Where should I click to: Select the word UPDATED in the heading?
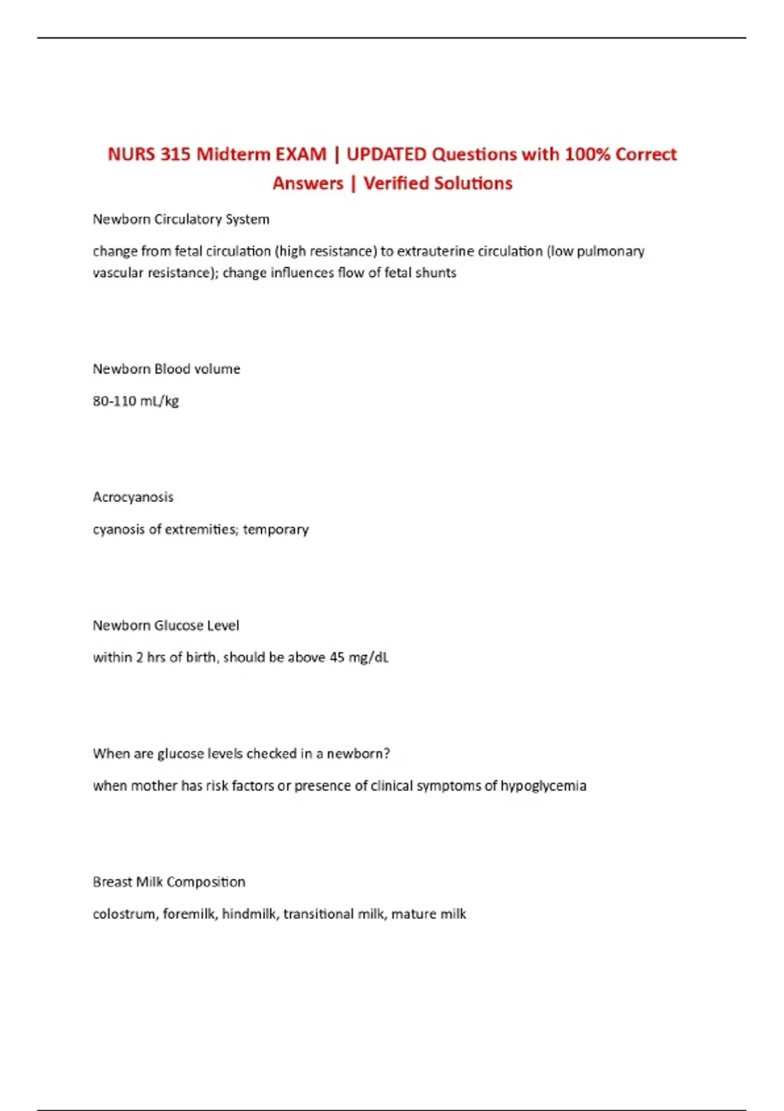[385, 154]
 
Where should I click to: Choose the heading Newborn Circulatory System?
[181, 220]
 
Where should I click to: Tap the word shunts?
[436, 273]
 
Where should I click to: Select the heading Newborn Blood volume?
[167, 369]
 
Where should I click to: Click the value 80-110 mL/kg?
[136, 401]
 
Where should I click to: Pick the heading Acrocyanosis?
[133, 497]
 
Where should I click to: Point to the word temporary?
[276, 529]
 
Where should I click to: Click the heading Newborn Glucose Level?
[166, 625]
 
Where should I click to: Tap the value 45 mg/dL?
[359, 657]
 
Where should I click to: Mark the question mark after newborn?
[387, 754]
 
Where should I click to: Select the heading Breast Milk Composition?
[169, 882]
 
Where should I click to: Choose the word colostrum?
[124, 914]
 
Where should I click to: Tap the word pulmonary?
[610, 252]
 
